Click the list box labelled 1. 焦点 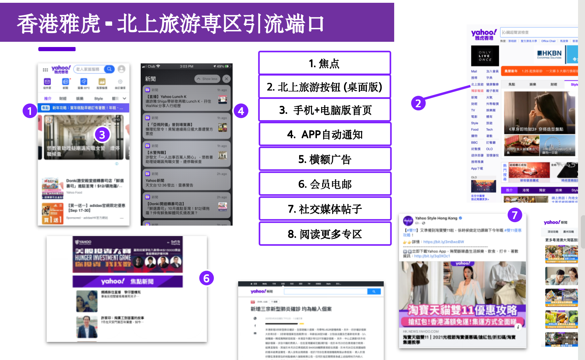pos(325,63)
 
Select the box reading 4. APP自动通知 pos(325,134)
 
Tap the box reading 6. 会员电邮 pos(325,184)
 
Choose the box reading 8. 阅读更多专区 pos(325,234)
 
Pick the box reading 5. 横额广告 pos(325,159)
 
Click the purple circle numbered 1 pos(30,111)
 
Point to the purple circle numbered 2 pos(418,103)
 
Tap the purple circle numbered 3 pos(102,135)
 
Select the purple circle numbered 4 pos(241,111)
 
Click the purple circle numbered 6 pos(206,278)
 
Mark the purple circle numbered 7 pos(515,215)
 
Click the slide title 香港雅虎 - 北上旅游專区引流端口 pos(171,24)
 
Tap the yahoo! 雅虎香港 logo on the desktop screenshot pos(484,34)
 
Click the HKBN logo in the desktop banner pos(549,54)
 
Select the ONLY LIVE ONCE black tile pos(485,56)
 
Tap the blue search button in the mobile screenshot pos(109,69)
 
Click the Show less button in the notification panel pos(207,79)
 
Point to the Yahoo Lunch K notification pos(187,99)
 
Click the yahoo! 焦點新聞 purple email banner pos(127,281)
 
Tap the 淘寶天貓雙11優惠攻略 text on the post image pos(462,310)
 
